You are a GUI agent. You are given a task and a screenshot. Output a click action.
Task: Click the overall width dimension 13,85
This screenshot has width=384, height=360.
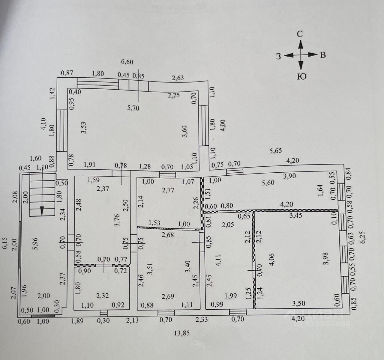(182, 333)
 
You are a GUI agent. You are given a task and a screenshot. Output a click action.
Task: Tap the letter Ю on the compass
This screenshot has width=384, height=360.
(301, 77)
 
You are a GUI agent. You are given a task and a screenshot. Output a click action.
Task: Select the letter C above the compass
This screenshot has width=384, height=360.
(300, 34)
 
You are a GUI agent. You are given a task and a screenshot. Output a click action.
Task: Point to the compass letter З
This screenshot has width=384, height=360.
(278, 56)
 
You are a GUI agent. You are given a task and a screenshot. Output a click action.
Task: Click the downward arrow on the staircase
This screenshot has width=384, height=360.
(42, 211)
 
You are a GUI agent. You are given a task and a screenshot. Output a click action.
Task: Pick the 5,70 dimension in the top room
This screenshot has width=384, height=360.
(133, 108)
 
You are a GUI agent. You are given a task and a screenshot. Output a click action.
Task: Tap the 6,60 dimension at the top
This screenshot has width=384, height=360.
(127, 62)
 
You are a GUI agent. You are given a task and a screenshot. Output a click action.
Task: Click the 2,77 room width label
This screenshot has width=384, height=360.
(168, 190)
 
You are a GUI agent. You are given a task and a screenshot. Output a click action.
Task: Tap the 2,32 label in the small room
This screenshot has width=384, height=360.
(102, 296)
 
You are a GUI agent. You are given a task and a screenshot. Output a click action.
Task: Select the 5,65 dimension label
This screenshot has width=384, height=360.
(275, 150)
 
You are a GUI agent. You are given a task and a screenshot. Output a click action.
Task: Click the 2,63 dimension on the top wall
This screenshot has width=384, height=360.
(178, 78)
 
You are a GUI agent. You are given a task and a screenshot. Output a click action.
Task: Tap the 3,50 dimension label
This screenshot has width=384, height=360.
(299, 303)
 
